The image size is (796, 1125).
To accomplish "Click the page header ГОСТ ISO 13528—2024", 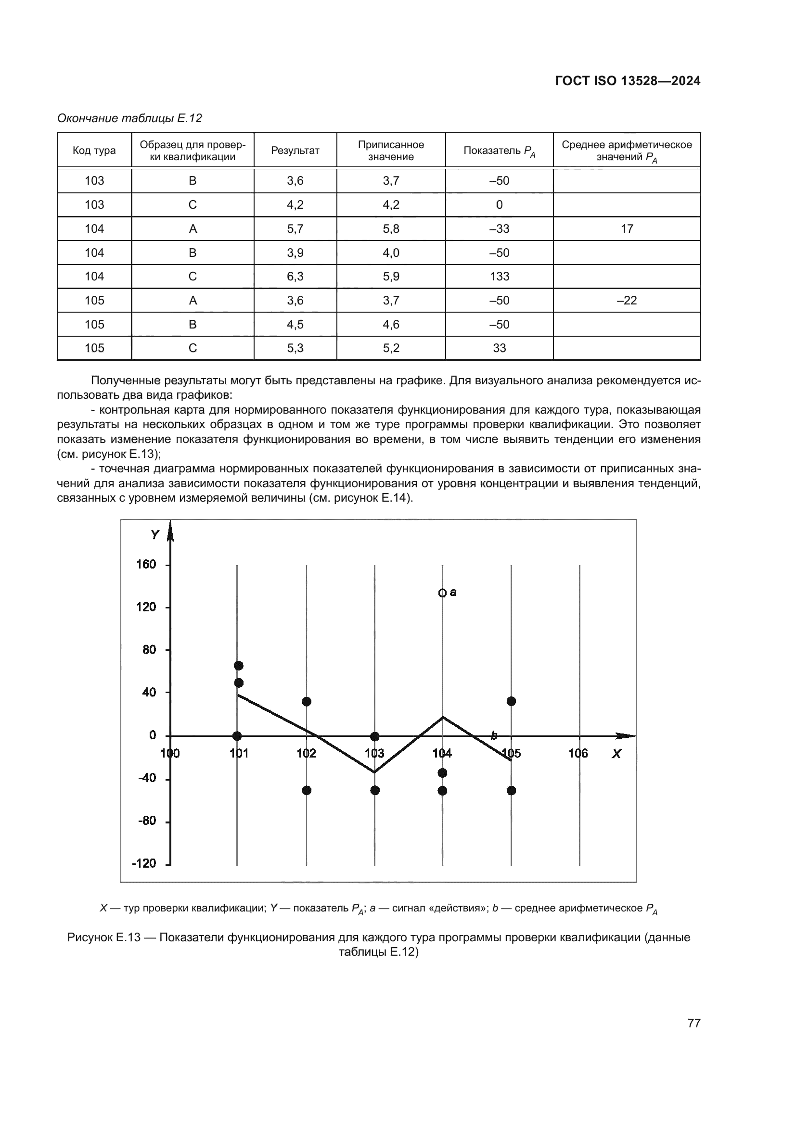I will (x=628, y=81).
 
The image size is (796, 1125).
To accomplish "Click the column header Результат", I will (x=295, y=151).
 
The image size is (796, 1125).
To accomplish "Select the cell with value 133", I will (x=499, y=277).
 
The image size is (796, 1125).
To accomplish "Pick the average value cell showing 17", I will (x=627, y=229).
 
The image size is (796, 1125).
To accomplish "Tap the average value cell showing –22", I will (x=627, y=300).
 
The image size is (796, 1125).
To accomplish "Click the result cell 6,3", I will (x=295, y=277).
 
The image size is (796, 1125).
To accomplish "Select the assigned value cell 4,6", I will (x=391, y=324).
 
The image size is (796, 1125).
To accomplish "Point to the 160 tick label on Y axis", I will (x=146, y=565).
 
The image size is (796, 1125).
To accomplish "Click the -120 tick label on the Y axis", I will (x=144, y=863).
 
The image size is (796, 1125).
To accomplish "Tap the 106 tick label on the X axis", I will (x=578, y=753).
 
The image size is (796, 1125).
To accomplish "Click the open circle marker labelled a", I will (x=442, y=593).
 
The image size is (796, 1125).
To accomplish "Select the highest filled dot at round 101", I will (x=239, y=665).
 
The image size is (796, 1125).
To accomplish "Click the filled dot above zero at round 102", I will (x=307, y=702).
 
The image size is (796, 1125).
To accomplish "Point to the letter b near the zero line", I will (x=494, y=735).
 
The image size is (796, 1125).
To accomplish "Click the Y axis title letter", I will (x=155, y=535).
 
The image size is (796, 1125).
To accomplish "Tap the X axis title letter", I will (x=616, y=754).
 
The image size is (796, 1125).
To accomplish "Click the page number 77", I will (x=693, y=1023).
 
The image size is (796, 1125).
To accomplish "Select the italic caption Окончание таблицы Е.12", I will (x=129, y=118).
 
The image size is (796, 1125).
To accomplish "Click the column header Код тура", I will (x=94, y=151).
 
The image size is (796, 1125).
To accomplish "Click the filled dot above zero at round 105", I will (x=511, y=701).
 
